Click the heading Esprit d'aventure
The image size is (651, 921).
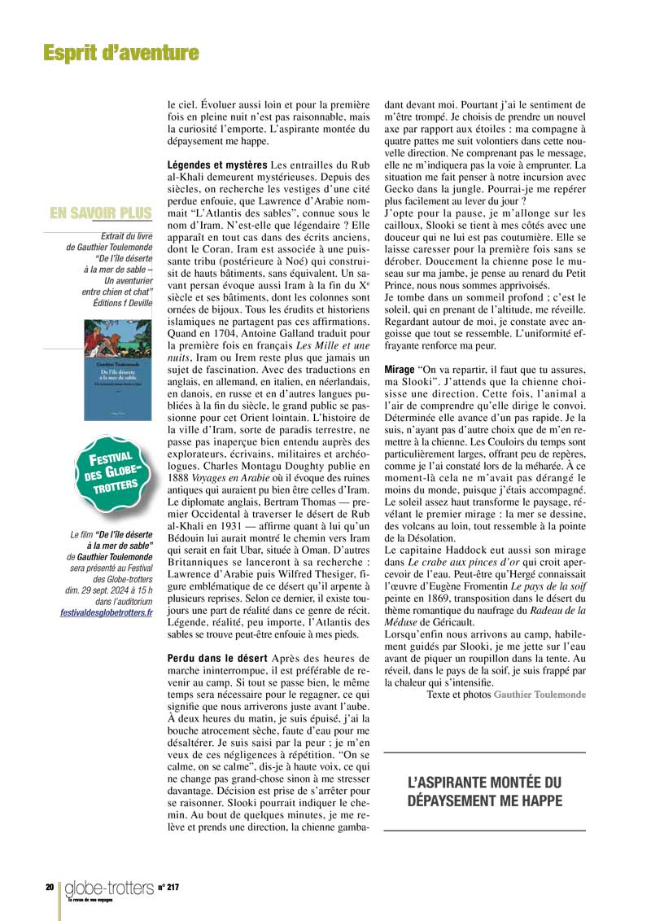pyautogui.click(x=120, y=54)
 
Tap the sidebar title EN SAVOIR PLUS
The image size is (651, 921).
pyautogui.click(x=101, y=213)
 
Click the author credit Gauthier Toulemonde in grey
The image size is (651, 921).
pyautogui.click(x=539, y=694)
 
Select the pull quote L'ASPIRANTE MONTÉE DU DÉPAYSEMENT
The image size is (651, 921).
pyautogui.click(x=484, y=792)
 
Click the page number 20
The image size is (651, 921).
pyautogui.click(x=50, y=887)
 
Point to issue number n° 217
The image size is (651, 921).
pyautogui.click(x=168, y=887)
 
